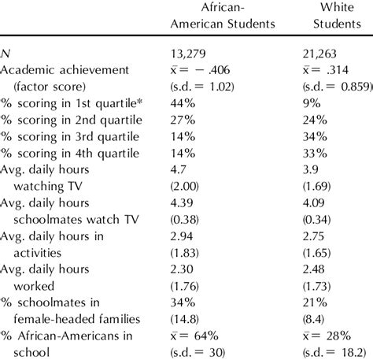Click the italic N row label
point(6,54)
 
